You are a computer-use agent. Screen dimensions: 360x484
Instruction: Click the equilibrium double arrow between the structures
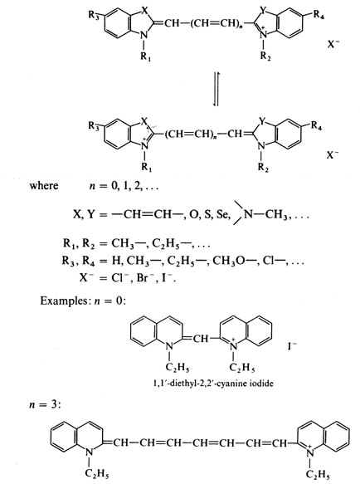(216, 89)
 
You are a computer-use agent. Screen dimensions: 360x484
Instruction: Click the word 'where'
(44, 185)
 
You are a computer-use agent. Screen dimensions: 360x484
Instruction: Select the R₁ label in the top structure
(146, 56)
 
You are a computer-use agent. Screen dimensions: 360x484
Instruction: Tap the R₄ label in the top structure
(319, 14)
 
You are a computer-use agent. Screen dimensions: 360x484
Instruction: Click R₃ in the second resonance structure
(94, 126)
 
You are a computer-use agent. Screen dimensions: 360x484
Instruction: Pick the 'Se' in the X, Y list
(221, 214)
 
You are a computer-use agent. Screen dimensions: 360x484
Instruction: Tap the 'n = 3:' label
(45, 404)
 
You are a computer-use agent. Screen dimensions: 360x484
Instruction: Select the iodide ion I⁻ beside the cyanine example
(292, 345)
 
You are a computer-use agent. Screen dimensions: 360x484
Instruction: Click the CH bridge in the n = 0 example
(201, 339)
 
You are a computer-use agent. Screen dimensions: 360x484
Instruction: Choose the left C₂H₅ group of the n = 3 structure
(97, 473)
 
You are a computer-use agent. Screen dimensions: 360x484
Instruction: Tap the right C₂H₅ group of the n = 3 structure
(318, 473)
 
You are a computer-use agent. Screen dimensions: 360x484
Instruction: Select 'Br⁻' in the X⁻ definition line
(144, 278)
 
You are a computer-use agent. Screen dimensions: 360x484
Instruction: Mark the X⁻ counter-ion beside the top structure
(333, 44)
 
